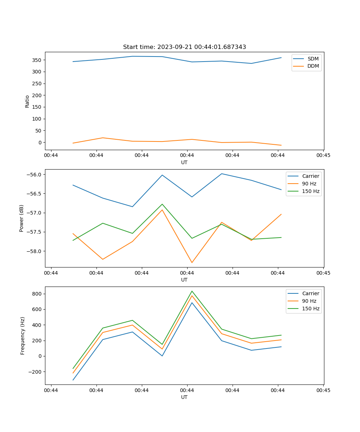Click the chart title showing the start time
click(x=184, y=47)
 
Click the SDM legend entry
click(x=313, y=59)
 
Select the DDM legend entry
click(x=313, y=66)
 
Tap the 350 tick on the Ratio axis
click(x=38, y=60)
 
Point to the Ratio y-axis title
click(x=27, y=101)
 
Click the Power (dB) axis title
click(x=22, y=218)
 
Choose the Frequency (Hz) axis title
click(x=23, y=336)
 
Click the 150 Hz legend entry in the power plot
click(x=311, y=191)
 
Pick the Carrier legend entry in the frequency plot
click(x=311, y=293)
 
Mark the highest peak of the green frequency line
click(x=192, y=291)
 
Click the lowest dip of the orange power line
click(x=192, y=262)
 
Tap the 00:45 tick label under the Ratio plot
click(x=323, y=156)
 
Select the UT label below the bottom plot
click(x=184, y=397)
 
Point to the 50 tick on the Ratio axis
click(x=39, y=131)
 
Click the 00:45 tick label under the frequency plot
click(x=323, y=390)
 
